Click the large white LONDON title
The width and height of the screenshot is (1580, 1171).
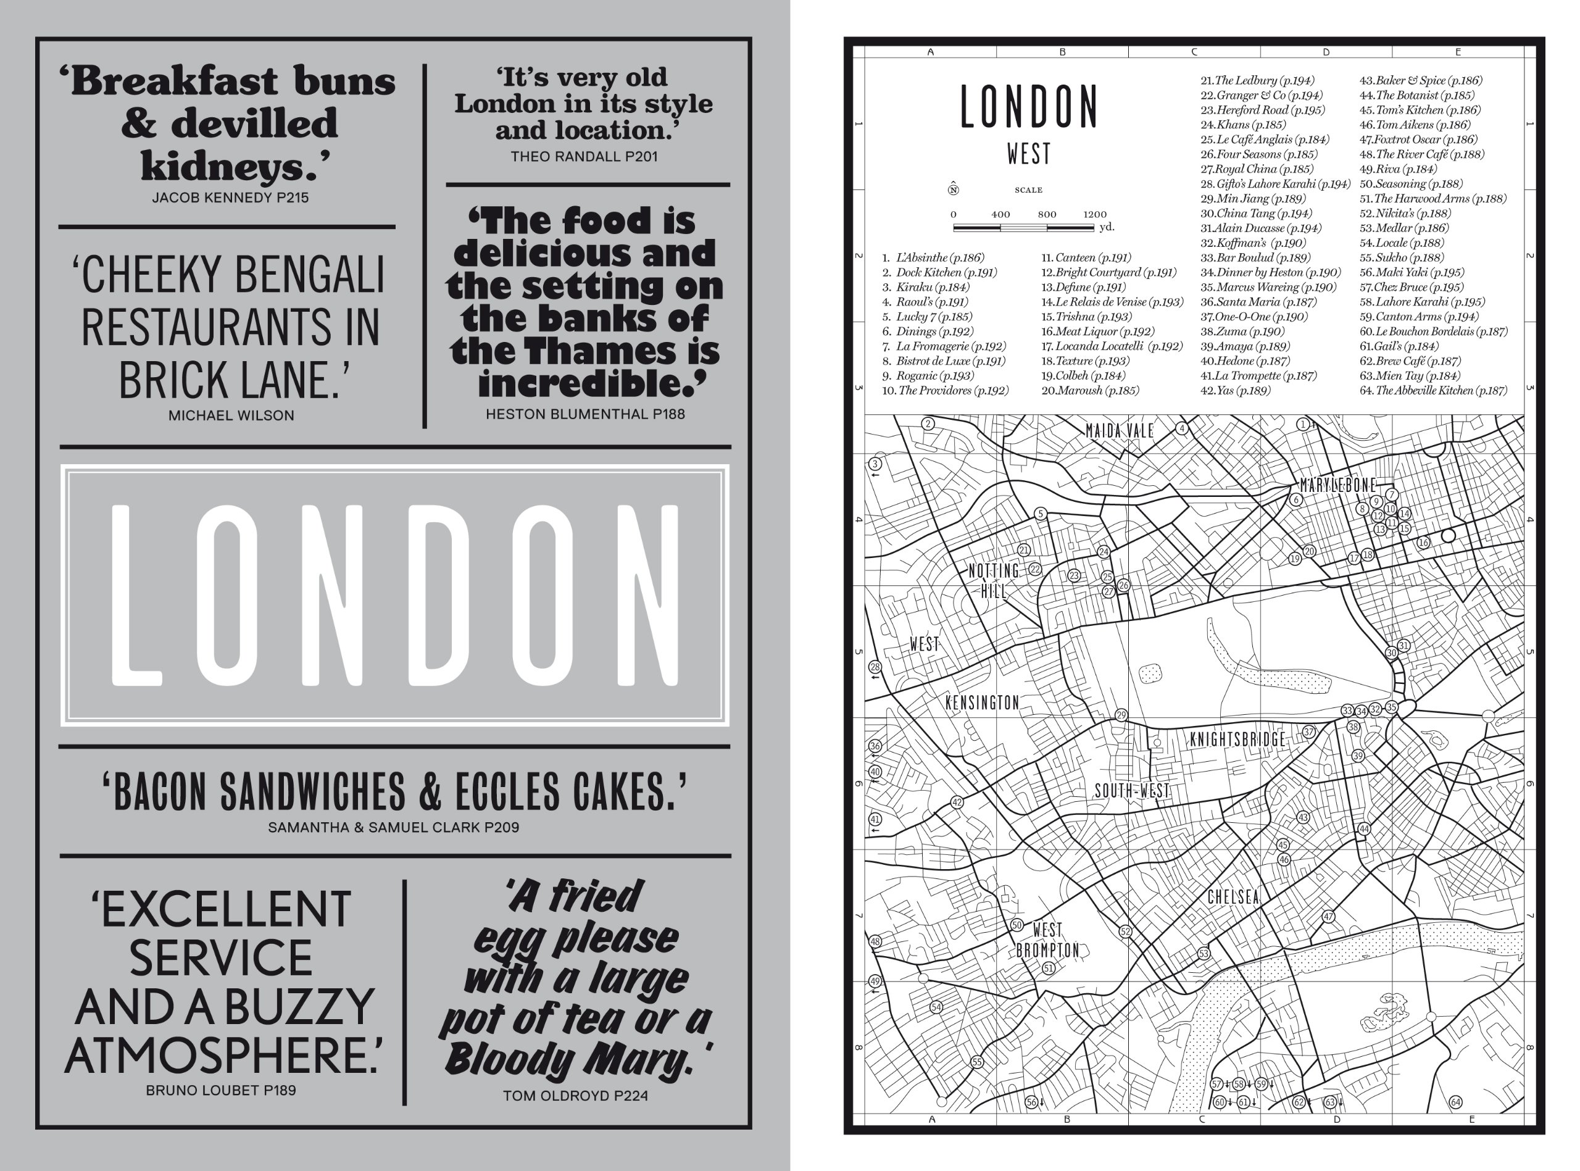[394, 596]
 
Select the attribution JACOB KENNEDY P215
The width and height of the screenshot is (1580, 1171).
[230, 198]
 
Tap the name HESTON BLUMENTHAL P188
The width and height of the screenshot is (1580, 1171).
[585, 414]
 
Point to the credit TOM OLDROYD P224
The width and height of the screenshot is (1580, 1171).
[575, 1096]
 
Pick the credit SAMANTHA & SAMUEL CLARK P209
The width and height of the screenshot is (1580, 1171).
[393, 827]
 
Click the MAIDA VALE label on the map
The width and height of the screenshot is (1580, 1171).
[1120, 431]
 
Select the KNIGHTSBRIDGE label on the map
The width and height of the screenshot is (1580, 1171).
[1237, 740]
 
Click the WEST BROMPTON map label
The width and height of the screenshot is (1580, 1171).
[1047, 940]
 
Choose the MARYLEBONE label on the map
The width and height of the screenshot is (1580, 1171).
[1337, 486]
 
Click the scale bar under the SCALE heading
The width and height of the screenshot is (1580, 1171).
[1023, 228]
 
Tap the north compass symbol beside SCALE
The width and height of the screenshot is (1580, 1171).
[953, 190]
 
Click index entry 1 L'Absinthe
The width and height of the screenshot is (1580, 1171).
[934, 258]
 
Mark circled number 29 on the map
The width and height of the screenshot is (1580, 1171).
[1121, 715]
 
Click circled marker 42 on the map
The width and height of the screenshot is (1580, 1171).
[957, 802]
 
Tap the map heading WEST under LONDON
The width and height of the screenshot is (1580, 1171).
[1029, 154]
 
